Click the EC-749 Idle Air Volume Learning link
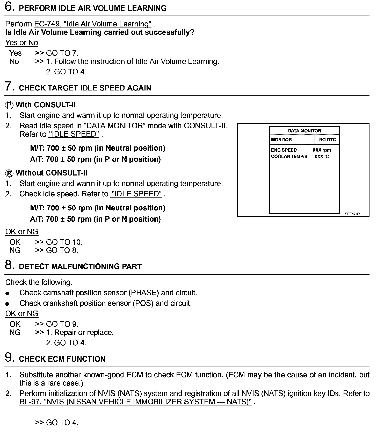[x=93, y=24]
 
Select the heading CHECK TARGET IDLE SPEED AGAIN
[x=85, y=88]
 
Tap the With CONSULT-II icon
[x=9, y=105]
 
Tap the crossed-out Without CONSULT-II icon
[x=9, y=173]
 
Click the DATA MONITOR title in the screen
[x=304, y=131]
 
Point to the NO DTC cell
[x=327, y=140]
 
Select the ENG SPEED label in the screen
[x=284, y=150]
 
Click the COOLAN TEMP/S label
[x=289, y=157]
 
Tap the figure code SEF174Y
[x=352, y=214]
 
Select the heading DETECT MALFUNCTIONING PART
[x=80, y=266]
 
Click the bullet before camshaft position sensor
[x=8, y=293]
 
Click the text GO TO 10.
[x=64, y=242]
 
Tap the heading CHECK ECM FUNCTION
[x=62, y=359]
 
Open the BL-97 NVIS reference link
[x=135, y=402]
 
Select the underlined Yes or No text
[x=21, y=43]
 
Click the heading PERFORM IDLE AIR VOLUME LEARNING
[x=93, y=8]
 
